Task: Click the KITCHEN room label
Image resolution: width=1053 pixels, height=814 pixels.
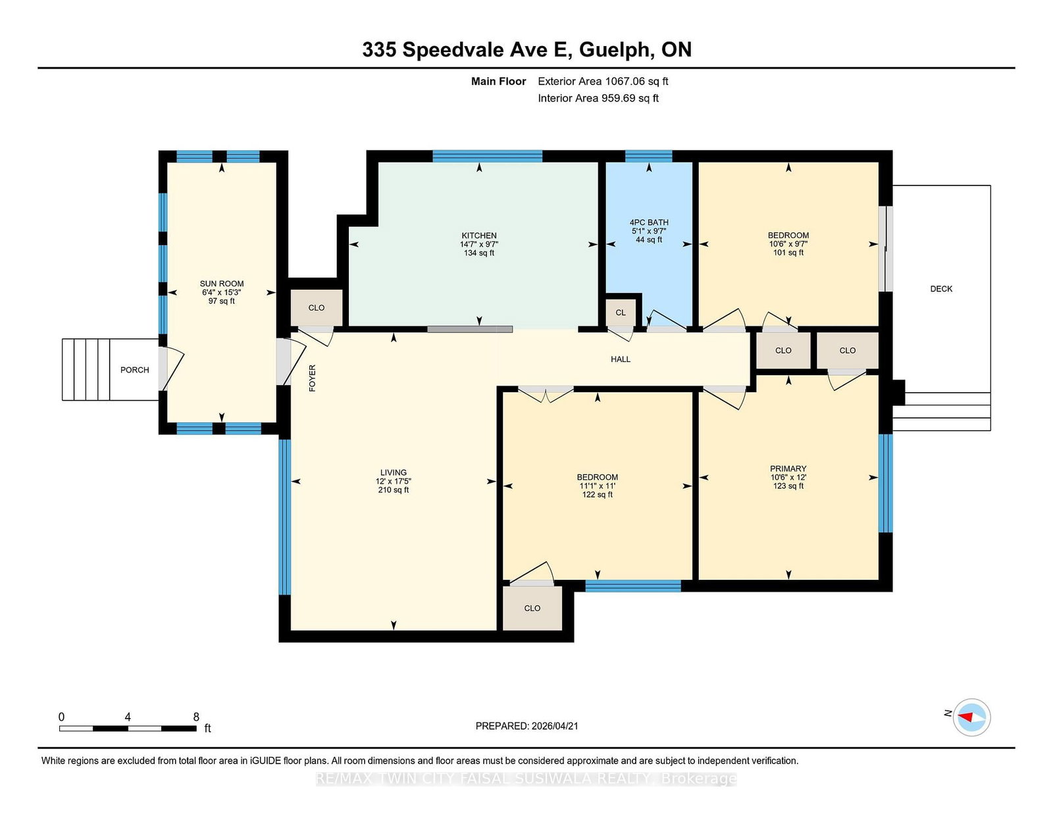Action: [478, 236]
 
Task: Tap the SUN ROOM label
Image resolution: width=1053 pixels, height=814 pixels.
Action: [222, 284]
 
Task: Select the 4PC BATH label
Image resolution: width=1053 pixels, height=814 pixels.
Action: [649, 222]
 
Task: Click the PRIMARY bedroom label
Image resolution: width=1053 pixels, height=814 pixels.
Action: [788, 469]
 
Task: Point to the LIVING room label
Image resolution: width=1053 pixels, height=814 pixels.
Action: [393, 472]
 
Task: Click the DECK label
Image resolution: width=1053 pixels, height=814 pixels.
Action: [940, 289]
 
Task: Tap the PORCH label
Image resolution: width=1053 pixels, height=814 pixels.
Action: [134, 370]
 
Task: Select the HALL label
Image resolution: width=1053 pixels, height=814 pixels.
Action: [620, 359]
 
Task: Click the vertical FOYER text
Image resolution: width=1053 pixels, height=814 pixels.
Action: [313, 378]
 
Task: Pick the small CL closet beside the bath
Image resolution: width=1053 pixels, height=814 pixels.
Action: [621, 313]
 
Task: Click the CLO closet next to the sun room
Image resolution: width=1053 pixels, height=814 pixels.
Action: [316, 307]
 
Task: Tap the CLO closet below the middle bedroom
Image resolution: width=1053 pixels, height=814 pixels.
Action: [532, 608]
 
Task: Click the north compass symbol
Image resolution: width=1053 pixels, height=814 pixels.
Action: [971, 717]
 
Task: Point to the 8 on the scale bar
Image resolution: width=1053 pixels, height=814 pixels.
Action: [196, 717]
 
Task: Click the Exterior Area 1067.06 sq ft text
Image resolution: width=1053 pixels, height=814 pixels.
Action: [603, 82]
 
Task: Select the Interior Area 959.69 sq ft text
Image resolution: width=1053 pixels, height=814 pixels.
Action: [598, 98]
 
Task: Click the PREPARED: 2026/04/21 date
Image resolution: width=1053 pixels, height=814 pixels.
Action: [526, 726]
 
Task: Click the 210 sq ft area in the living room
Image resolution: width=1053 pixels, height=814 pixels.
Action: [393, 490]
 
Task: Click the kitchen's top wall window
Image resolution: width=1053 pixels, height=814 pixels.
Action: [487, 156]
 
